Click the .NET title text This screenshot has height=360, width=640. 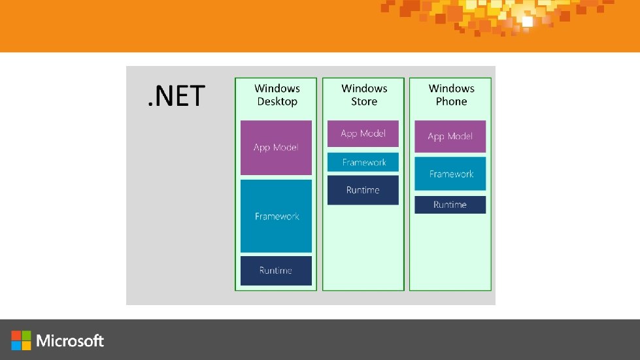176,95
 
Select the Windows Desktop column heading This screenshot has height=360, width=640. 277,95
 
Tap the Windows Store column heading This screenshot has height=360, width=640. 364,95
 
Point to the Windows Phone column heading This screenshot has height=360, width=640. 451,95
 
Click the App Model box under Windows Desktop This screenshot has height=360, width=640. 276,148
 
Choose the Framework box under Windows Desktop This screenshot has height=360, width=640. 276,216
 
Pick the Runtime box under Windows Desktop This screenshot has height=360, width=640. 276,270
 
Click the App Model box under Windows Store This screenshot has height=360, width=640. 363,133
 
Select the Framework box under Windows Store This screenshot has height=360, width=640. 363,162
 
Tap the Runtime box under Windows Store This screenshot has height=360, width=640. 363,190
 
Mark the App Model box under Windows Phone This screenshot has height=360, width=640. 450,137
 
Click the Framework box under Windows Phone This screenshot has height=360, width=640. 450,174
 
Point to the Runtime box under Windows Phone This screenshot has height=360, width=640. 450,205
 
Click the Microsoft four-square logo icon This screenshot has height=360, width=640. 21,340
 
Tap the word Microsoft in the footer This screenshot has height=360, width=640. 70,340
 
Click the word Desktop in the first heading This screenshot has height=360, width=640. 277,102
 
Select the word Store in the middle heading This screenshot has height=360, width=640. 364,102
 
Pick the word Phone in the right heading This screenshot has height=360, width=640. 452,102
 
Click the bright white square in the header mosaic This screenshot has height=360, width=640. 527,22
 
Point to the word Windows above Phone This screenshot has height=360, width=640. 451,88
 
